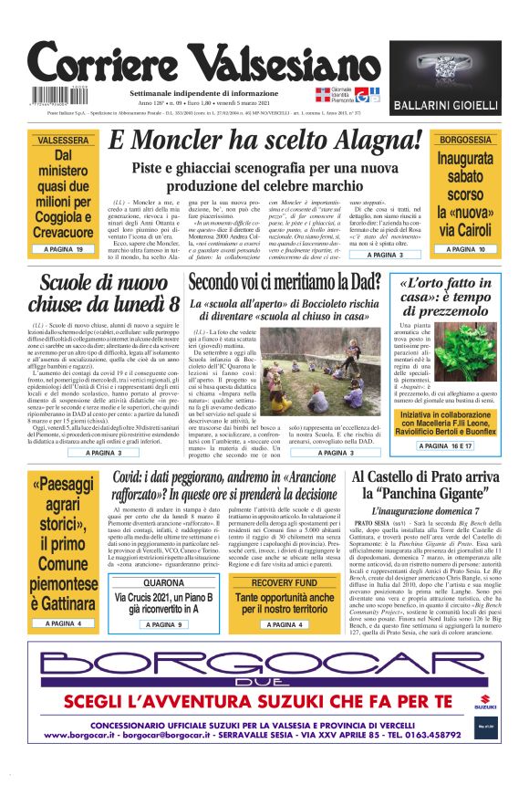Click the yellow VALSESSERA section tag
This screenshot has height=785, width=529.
62,140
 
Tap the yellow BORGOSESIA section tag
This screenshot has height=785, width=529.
466,140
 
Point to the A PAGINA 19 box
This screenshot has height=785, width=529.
62,249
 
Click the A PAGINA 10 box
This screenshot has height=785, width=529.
466,249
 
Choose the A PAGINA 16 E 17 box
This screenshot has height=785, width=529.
446,445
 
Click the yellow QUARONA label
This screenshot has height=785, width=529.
163,582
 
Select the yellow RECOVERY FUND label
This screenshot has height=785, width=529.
285,582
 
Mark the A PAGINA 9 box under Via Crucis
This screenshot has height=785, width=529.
163,624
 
